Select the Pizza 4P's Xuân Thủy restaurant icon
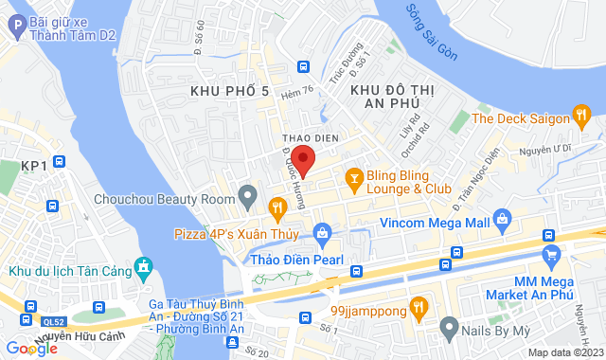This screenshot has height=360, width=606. pos(276,206)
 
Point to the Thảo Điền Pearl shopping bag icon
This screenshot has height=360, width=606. pos(322,233)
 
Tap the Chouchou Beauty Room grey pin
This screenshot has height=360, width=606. pos(248,198)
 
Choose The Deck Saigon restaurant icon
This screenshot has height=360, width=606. pos(581,117)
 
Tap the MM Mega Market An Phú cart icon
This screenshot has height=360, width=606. pos(552,254)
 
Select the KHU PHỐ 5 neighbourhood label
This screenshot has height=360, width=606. pos(229,90)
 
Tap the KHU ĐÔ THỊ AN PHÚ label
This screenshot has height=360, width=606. pos(385,97)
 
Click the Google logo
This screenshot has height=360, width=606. pos(31,349)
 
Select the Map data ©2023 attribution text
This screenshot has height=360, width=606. pos(564,352)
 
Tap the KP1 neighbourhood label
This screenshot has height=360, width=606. pos(33,166)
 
